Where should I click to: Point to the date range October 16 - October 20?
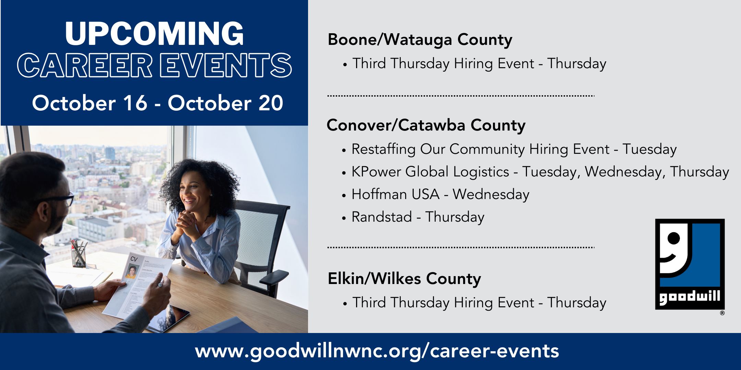tap(157, 103)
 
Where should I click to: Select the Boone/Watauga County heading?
tap(420, 40)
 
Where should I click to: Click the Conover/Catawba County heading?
tap(426, 125)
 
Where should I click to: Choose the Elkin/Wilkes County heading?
tap(404, 279)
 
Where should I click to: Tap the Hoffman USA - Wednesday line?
tap(436, 195)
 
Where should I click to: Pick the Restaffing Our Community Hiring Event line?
tap(509, 150)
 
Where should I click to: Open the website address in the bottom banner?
tap(377, 351)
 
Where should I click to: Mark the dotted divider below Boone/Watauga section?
tap(461, 96)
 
